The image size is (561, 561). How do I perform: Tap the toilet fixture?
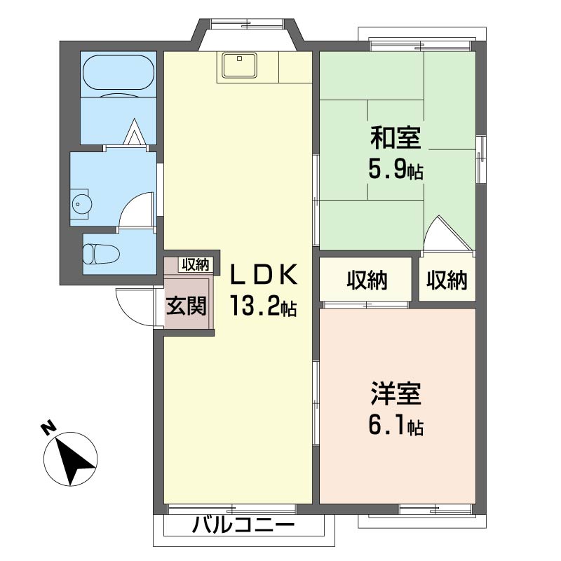click(101, 254)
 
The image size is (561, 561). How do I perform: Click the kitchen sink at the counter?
click(239, 65)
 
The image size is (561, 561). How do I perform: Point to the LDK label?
click(264, 274)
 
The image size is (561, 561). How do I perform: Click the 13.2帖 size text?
click(264, 306)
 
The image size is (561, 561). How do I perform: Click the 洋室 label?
click(396, 393)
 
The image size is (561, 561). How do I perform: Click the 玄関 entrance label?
click(187, 306)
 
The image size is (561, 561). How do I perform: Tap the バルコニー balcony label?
click(243, 525)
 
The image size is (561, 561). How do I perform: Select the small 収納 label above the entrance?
click(196, 265)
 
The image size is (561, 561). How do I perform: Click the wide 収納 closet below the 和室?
click(367, 280)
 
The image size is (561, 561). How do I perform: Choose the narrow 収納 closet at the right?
click(447, 280)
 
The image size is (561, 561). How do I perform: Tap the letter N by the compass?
click(48, 428)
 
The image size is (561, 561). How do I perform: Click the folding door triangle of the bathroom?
click(135, 132)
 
